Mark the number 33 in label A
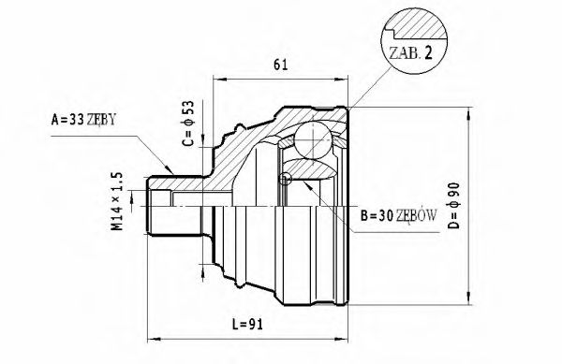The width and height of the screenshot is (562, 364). pyautogui.click(x=80, y=119)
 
